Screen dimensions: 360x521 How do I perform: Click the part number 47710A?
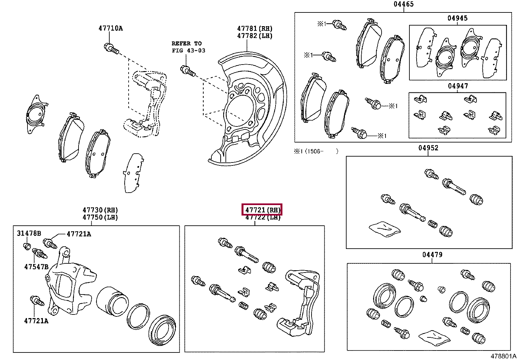[111, 28]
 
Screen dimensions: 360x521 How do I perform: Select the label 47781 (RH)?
[255, 29]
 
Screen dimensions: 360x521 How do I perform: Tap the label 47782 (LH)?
[255, 36]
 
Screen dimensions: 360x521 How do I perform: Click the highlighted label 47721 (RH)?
[262, 210]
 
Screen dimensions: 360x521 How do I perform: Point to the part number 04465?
[404, 4]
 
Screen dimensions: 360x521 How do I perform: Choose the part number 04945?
[458, 18]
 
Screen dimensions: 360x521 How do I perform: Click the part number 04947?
[458, 86]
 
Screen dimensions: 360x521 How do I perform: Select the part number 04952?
[428, 148]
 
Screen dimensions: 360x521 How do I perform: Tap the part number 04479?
[432, 255]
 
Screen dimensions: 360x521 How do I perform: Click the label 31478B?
[29, 234]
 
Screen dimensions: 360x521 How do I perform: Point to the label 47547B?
[36, 267]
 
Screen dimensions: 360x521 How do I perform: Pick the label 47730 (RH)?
[100, 210]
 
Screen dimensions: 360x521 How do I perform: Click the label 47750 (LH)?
[100, 217]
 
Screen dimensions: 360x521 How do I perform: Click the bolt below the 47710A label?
[112, 48]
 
